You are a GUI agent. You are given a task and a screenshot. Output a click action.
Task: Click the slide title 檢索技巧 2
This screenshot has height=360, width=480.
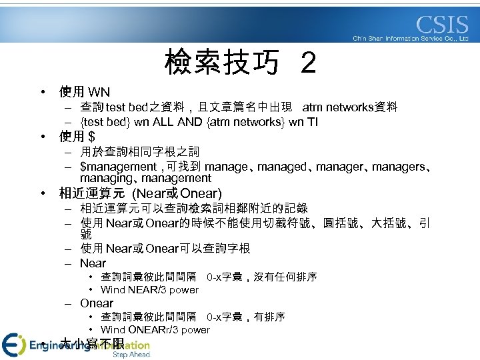click(240, 64)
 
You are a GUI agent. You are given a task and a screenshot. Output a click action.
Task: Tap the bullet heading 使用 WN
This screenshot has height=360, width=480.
click(85, 92)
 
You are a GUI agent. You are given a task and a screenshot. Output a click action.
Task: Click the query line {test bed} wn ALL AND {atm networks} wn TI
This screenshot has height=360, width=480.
click(199, 122)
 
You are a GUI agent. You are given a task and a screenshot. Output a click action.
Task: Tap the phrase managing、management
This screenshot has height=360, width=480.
click(145, 178)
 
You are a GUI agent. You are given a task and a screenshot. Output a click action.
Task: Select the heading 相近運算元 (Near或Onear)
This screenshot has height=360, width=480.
click(141, 194)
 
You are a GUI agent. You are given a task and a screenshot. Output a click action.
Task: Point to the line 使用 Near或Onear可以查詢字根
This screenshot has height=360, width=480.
click(165, 249)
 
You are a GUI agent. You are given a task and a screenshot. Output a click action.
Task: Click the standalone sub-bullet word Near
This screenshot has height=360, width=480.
click(93, 263)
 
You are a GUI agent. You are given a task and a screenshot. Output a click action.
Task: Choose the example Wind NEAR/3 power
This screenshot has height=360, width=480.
click(149, 290)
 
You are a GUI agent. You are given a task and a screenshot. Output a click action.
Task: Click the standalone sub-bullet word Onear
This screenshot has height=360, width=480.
click(97, 303)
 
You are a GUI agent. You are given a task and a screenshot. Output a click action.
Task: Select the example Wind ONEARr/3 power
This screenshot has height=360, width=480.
click(155, 330)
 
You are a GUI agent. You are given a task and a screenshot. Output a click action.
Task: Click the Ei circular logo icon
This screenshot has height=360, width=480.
click(13, 344)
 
